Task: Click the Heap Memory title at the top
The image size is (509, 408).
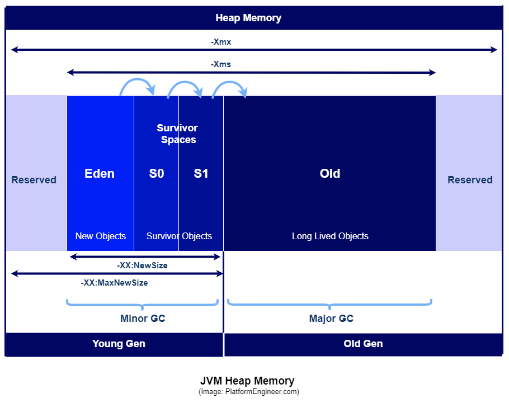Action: click(248, 18)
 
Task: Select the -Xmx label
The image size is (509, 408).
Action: click(221, 42)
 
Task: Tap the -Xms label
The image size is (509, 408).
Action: click(221, 64)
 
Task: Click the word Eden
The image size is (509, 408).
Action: click(100, 173)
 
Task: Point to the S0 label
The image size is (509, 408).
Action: click(157, 173)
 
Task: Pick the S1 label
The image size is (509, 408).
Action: click(201, 173)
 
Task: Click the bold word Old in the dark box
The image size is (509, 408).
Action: click(330, 173)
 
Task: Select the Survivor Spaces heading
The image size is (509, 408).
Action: click(177, 134)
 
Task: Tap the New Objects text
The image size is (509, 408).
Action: click(101, 236)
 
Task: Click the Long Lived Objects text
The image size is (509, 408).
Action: click(330, 236)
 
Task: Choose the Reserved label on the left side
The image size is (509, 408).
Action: click(34, 179)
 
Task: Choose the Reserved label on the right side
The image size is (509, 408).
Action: click(470, 179)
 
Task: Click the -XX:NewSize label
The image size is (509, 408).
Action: click(142, 265)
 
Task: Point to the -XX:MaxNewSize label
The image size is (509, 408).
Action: click(114, 283)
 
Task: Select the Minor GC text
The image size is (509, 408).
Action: click(143, 319)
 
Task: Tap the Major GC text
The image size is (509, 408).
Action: click(331, 319)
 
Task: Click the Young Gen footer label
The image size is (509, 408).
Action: click(119, 344)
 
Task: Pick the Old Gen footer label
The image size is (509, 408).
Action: click(363, 344)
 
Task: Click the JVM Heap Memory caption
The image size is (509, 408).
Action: click(247, 381)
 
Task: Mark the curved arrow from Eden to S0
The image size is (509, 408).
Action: click(138, 79)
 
